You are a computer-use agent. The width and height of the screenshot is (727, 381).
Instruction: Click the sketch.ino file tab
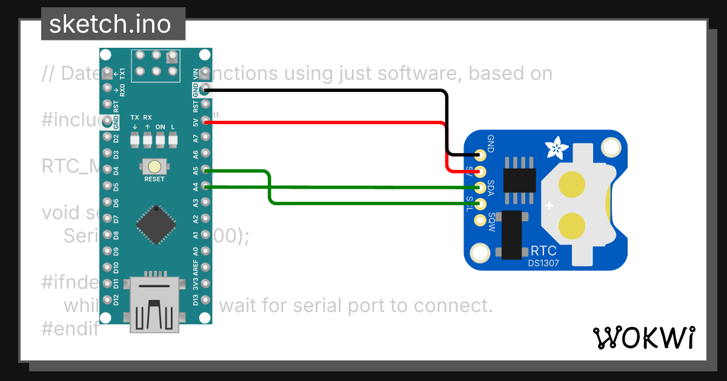[113, 24]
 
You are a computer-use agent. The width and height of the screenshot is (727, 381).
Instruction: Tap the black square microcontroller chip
[156, 224]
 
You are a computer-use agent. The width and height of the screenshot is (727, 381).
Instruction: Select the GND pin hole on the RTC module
[481, 154]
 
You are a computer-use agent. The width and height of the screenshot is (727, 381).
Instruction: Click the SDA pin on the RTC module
[481, 187]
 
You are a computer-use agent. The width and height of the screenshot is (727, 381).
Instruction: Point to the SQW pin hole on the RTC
[481, 220]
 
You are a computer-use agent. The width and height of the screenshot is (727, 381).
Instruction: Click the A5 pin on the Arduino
[206, 171]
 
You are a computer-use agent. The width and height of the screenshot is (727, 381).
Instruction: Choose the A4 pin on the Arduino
[206, 187]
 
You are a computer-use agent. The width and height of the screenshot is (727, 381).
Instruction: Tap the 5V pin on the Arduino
[206, 122]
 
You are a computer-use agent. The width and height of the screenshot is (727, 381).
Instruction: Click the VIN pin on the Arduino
[206, 73]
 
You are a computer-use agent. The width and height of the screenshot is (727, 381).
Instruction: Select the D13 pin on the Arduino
[206, 299]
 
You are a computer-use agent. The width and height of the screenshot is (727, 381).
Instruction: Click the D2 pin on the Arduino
[108, 138]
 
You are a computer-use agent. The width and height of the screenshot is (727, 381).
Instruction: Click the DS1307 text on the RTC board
[543, 263]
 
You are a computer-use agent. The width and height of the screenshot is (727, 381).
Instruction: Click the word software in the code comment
[391, 74]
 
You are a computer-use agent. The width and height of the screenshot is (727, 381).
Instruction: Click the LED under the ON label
[161, 139]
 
